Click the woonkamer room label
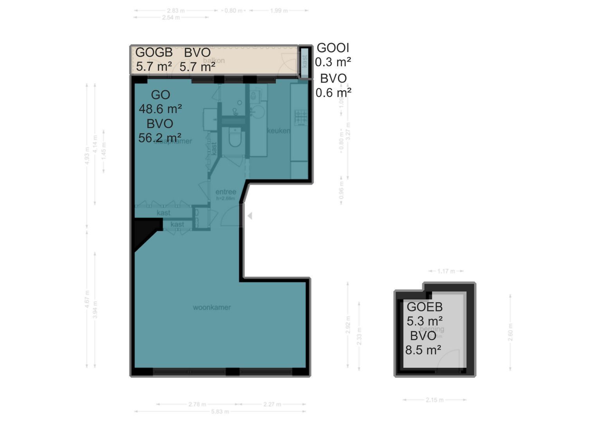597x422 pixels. [x=212, y=308]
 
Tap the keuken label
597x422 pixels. [x=278, y=131]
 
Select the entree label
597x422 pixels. [x=226, y=192]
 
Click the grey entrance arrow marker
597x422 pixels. [x=249, y=215]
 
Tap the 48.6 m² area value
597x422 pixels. [x=160, y=109]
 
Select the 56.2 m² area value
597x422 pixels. [x=160, y=138]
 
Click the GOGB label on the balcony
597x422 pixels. [x=154, y=52]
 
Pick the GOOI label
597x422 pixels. [x=333, y=48]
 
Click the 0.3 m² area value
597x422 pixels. [x=333, y=62]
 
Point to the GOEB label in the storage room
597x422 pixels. [x=424, y=307]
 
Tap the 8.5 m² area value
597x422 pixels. [x=423, y=350]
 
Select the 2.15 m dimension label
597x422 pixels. [x=434, y=400]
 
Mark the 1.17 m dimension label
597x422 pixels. [x=446, y=271]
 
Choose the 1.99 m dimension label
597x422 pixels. [x=279, y=11]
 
